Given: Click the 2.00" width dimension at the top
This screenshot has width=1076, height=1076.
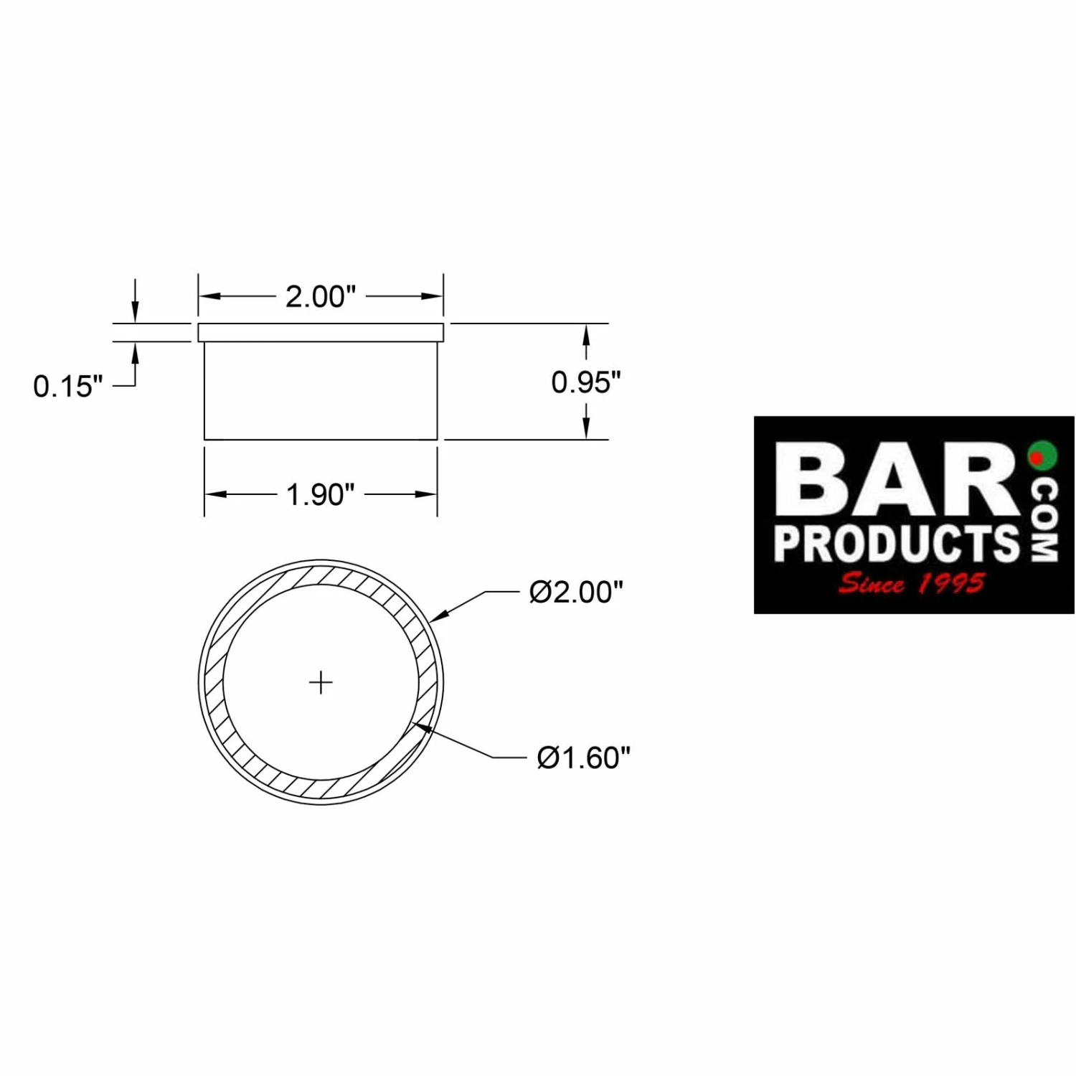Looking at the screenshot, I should tap(320, 296).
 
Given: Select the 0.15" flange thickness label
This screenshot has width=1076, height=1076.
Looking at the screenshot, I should tap(67, 387).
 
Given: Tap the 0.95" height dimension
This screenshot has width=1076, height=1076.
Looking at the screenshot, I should tap(585, 382).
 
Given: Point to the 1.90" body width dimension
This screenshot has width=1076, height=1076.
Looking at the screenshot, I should tap(320, 494).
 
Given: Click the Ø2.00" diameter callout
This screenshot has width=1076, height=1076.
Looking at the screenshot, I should tap(576, 593).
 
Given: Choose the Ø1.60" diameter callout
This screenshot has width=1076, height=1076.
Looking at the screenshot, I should tap(583, 758).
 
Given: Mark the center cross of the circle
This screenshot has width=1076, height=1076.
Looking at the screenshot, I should tap(321, 682).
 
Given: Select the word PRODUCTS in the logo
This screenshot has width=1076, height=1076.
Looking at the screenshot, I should tap(897, 543).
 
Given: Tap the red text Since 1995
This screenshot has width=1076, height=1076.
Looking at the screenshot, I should tap(911, 583).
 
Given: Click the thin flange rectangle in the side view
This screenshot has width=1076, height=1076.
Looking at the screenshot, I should tap(321, 333).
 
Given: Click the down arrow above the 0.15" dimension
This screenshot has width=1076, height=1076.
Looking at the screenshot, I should tap(135, 311).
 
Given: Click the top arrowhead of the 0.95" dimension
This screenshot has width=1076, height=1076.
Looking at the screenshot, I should tap(586, 334).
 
